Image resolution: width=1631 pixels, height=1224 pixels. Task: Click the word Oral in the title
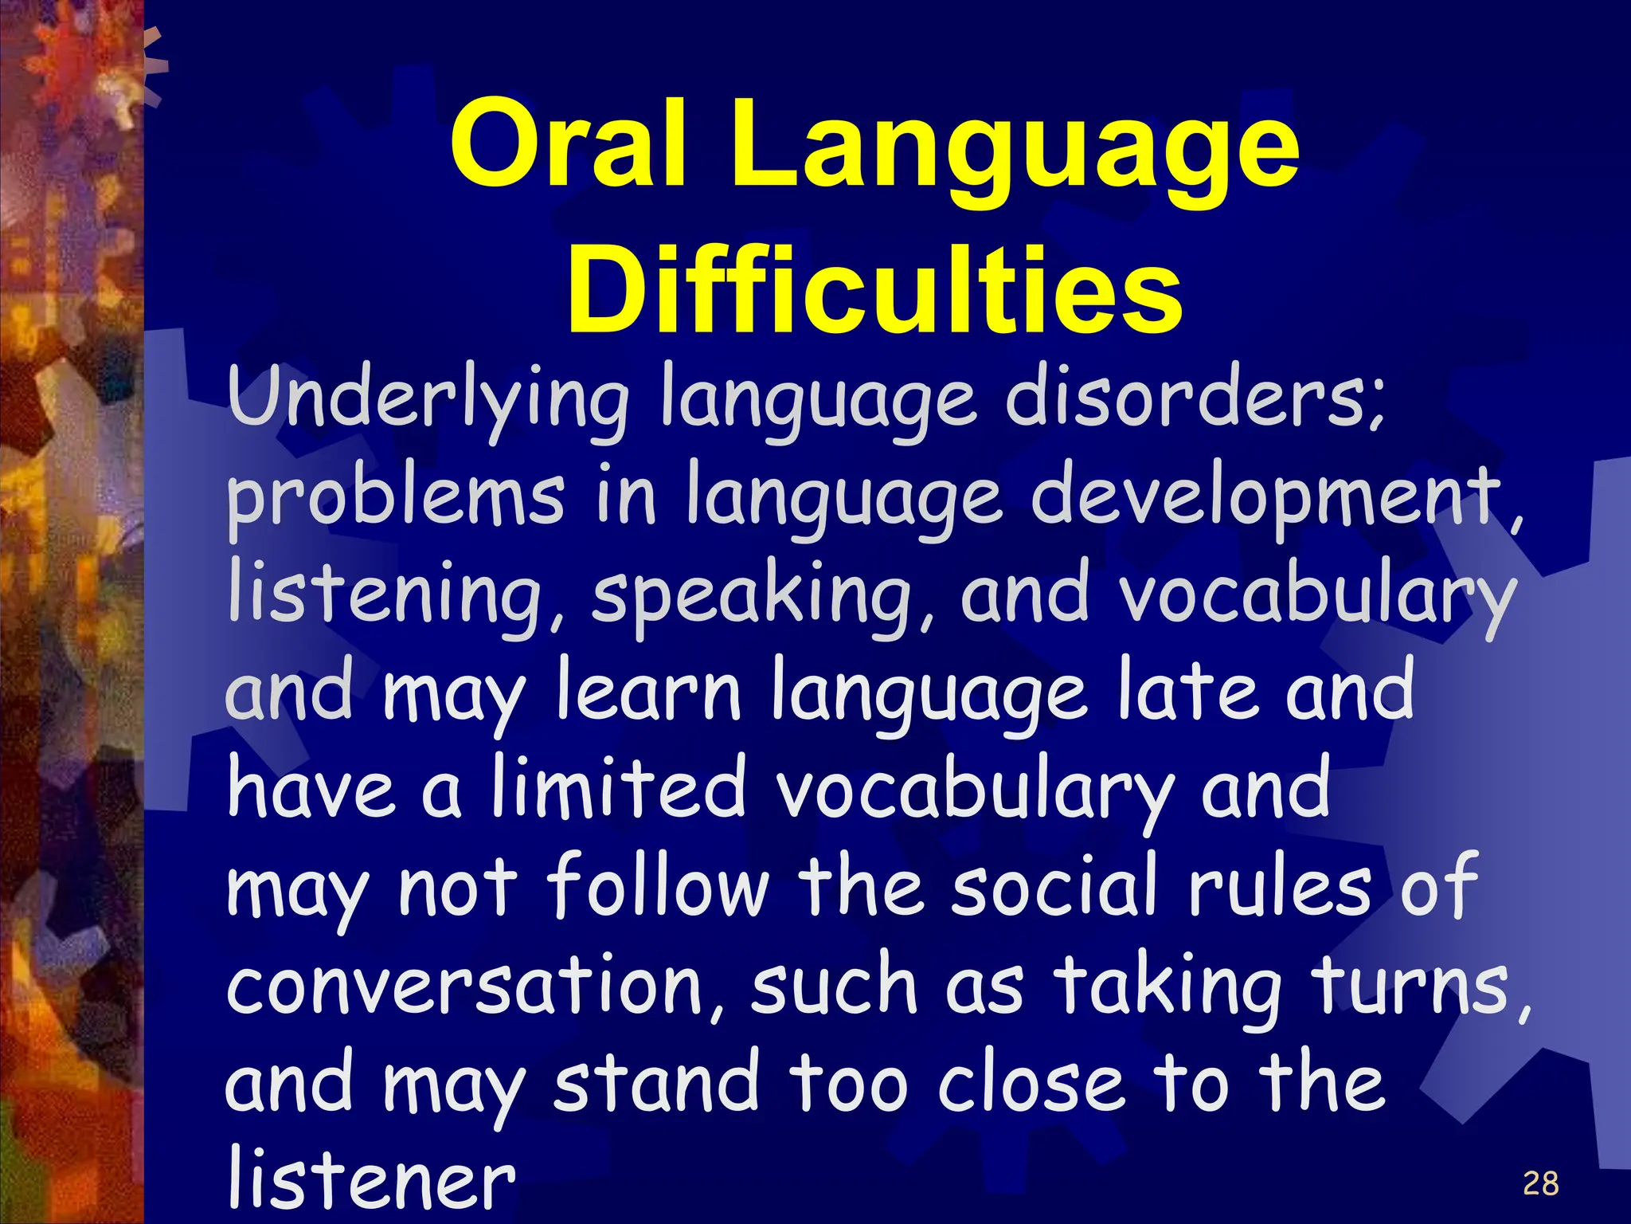coord(567,146)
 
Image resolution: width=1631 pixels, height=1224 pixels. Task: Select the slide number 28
coord(1540,1184)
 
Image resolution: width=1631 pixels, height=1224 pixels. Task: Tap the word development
coord(1274,499)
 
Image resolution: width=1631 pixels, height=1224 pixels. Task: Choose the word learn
coord(648,690)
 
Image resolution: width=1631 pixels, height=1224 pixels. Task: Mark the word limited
coord(618,789)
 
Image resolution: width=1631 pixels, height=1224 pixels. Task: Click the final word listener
coord(371,1179)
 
